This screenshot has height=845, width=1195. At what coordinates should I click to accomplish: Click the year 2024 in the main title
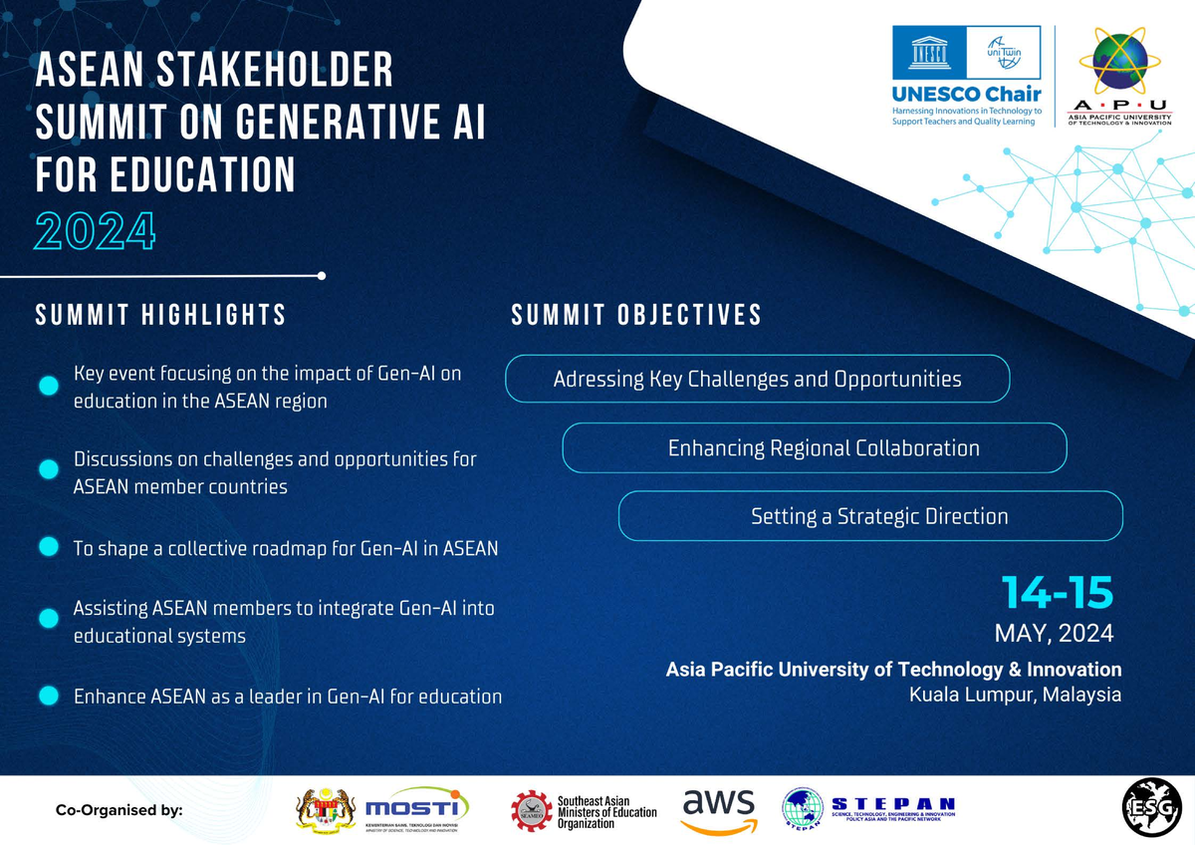pyautogui.click(x=96, y=231)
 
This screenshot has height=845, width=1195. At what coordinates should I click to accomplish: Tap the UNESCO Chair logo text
pyautogui.click(x=966, y=95)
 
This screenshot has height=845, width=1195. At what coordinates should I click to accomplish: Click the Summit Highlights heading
pyautogui.click(x=161, y=315)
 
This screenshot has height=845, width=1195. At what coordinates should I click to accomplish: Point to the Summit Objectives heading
pyautogui.click(x=636, y=315)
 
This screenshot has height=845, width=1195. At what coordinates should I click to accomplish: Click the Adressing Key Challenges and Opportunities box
pyautogui.click(x=758, y=380)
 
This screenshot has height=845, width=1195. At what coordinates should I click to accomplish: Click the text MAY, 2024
pyautogui.click(x=1054, y=633)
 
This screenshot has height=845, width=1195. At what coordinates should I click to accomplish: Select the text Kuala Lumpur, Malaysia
pyautogui.click(x=1015, y=695)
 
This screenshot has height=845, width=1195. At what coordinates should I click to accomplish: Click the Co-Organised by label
pyautogui.click(x=119, y=810)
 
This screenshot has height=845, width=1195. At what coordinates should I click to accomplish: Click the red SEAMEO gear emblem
pyautogui.click(x=531, y=809)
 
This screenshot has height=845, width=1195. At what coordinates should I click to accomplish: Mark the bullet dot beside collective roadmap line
pyautogui.click(x=47, y=548)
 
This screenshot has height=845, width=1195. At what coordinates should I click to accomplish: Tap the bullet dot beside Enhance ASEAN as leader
pyautogui.click(x=47, y=697)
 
